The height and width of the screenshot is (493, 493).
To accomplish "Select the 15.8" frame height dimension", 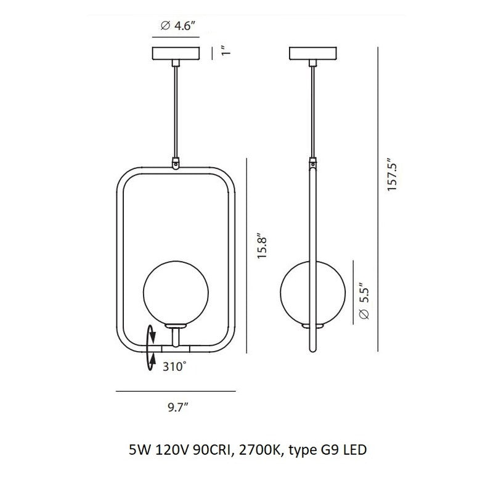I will (262, 247).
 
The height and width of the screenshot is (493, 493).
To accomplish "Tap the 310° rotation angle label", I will (174, 367).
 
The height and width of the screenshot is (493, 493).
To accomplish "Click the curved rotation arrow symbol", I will (150, 348).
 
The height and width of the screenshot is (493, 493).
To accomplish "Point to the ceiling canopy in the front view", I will (176, 54).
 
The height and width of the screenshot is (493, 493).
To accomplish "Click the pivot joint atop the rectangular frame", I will (176, 165).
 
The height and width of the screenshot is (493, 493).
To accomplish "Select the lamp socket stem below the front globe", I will (176, 336).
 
